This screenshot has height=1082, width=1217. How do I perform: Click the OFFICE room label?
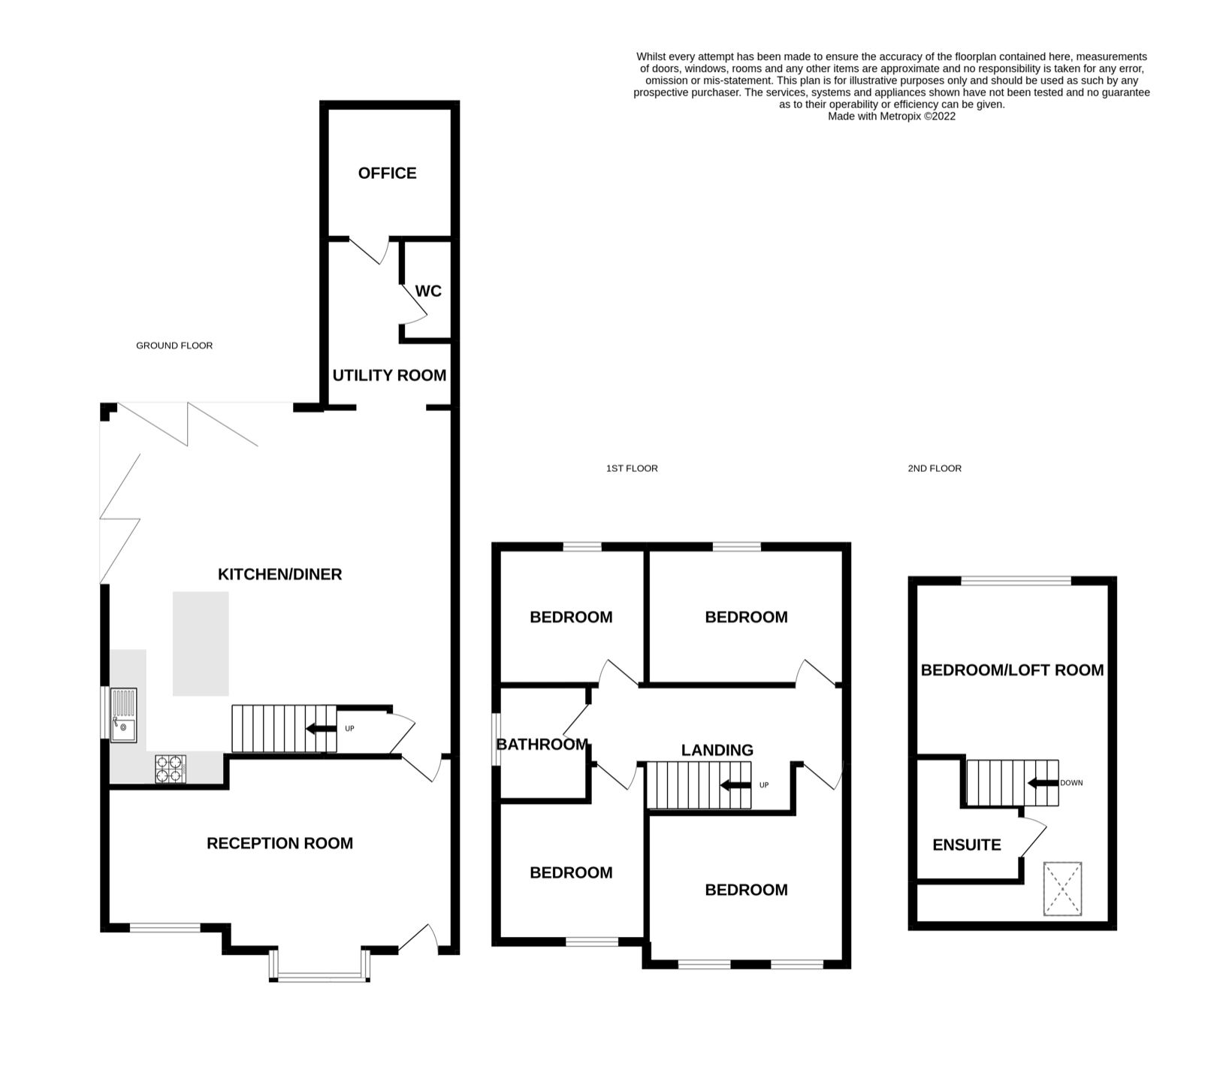point(387,174)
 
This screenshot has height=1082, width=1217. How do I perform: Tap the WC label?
point(428,291)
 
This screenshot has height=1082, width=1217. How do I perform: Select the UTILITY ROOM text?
point(389,375)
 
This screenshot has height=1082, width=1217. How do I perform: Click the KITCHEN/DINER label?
point(279,574)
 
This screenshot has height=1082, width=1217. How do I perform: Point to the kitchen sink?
point(124,715)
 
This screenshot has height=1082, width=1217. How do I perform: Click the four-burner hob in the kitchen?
point(171,769)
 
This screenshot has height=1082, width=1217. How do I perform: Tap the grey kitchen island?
point(201,643)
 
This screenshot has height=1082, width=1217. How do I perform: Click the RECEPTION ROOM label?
point(279,843)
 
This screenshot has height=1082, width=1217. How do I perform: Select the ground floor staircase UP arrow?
point(322,728)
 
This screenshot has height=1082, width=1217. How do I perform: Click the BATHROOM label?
point(542,744)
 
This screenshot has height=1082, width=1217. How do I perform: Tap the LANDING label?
point(717,750)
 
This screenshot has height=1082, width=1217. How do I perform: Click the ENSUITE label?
point(966,845)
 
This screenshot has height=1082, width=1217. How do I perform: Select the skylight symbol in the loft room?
point(1062,889)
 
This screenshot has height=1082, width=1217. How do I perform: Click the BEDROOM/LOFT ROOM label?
point(1012,669)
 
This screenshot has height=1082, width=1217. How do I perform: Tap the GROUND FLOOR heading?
point(174,346)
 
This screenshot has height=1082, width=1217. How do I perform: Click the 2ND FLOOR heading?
point(934,468)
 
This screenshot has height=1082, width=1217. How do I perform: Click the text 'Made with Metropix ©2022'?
point(891,116)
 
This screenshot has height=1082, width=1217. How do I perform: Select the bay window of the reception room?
point(319,976)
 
